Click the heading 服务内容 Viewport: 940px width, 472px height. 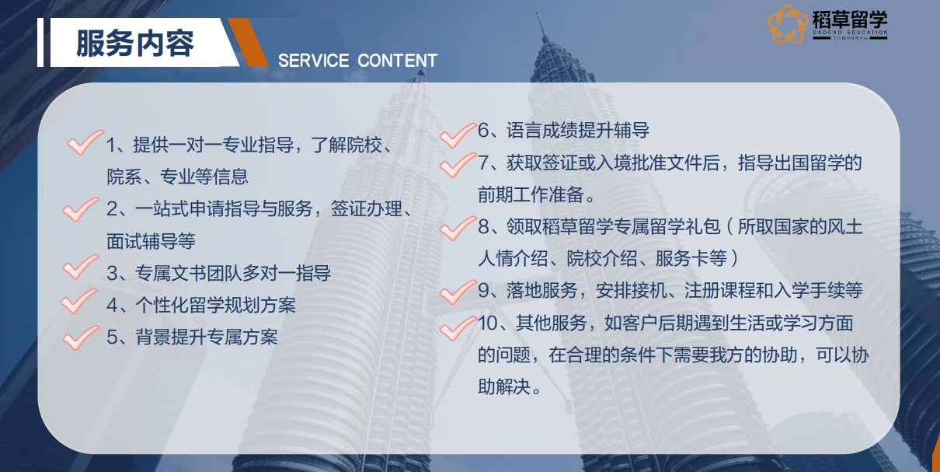point(135,44)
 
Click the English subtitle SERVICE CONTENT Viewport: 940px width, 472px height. point(357,61)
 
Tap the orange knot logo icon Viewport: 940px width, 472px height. point(788,24)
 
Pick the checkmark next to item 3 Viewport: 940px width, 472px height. point(80,268)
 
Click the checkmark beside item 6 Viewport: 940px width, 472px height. point(457,134)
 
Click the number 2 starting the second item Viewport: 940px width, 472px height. point(112,209)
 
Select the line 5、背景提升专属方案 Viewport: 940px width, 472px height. point(192,337)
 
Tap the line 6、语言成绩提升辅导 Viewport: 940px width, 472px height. point(563,131)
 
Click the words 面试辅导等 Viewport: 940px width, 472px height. point(151,241)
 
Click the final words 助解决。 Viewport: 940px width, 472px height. point(509,386)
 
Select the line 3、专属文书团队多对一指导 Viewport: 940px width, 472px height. point(218,273)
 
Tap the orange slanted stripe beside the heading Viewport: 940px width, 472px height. point(248,42)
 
